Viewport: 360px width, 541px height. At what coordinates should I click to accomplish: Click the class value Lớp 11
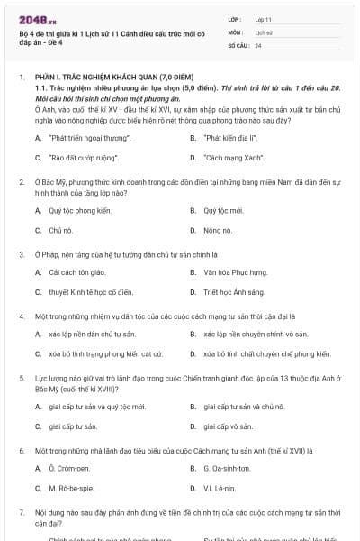(x=264, y=19)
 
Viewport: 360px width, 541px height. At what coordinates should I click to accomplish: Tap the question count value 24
(x=258, y=45)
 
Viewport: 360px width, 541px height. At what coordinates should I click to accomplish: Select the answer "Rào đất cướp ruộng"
(x=84, y=158)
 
